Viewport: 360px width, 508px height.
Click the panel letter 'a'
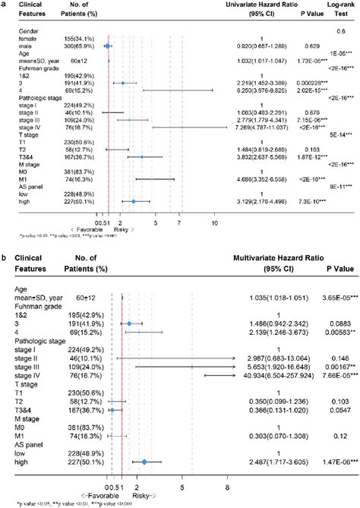click(x=5, y=5)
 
